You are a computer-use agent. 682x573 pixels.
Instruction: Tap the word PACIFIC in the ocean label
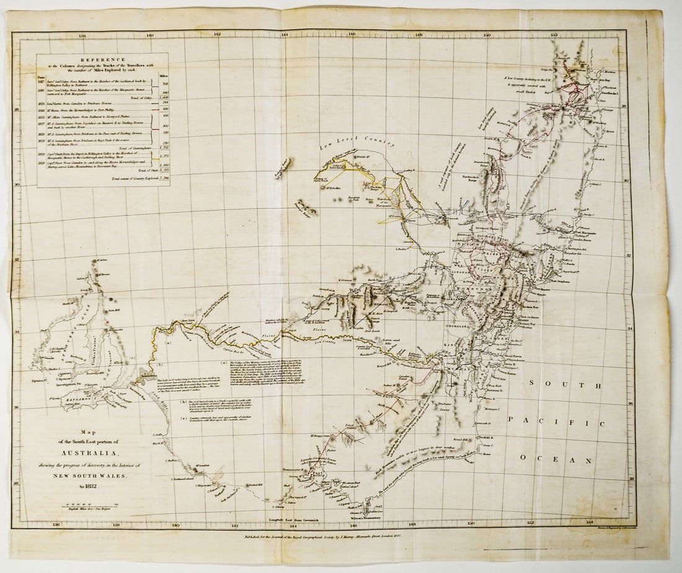556,422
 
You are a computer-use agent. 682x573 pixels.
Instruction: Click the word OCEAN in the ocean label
557,460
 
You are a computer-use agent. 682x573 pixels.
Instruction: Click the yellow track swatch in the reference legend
159,158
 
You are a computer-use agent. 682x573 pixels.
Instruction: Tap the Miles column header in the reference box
163,76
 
